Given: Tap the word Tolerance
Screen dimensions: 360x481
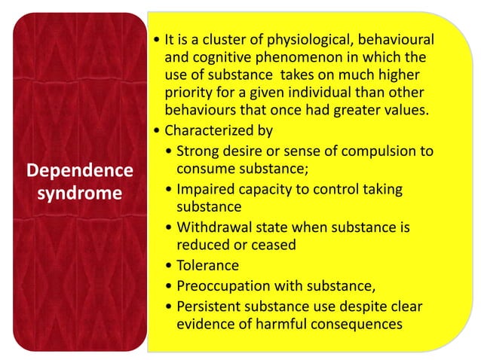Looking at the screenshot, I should [x=207, y=265].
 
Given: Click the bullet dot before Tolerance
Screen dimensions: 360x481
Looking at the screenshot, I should [x=168, y=266].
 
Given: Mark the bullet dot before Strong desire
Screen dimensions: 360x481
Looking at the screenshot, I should [x=168, y=151].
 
